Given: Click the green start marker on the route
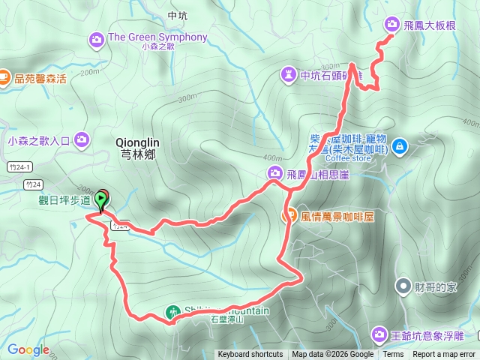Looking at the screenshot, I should click(102, 198).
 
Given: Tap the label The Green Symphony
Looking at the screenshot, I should click(157, 37).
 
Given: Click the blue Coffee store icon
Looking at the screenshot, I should click(399, 144).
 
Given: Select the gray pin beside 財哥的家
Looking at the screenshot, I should click(403, 286).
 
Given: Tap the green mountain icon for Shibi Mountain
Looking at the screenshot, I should click(172, 311).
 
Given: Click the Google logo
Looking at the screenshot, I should click(28, 349).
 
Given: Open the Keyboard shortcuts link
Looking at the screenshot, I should click(250, 355).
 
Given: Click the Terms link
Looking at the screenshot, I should click(392, 355).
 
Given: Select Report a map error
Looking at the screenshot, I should click(444, 355).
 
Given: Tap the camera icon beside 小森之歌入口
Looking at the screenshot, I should click(82, 139).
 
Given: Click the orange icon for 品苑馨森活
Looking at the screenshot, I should click(4, 76).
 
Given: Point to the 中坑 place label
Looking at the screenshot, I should click(178, 15).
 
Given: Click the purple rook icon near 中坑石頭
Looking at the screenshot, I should click(289, 74).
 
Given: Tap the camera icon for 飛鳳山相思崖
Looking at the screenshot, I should click(274, 175).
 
